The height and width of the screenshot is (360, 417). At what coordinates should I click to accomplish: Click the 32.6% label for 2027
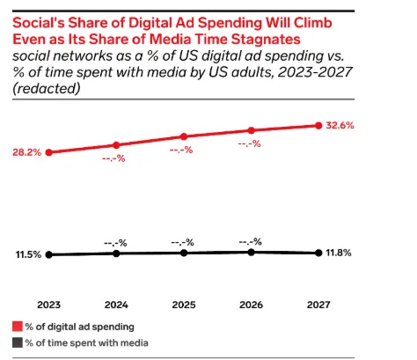coord(340,126)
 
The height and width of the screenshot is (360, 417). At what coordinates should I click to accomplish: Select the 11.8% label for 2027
coord(340,253)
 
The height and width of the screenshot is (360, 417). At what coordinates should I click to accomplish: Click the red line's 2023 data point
coord(49,151)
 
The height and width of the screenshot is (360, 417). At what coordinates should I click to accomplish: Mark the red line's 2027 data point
coord(318,126)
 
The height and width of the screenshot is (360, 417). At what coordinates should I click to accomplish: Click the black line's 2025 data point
coord(183,253)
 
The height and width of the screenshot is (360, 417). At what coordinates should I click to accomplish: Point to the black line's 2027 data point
coord(318,253)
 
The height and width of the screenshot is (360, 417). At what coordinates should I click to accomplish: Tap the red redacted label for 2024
coord(116,159)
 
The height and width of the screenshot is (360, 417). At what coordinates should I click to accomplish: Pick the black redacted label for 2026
coord(251,239)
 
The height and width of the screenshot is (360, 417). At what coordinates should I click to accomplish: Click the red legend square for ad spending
coord(17,325)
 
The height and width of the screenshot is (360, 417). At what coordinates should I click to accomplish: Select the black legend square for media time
coord(17,342)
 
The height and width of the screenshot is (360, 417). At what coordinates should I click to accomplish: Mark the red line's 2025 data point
coord(183,136)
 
